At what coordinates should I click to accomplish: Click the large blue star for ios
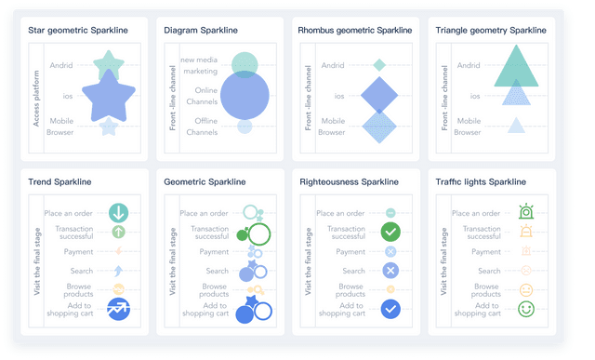[x=110, y=94]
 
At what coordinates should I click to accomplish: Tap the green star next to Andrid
[x=110, y=65]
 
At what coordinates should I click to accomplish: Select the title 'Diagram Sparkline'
[x=200, y=31]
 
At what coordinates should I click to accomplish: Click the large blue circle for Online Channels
[x=244, y=95]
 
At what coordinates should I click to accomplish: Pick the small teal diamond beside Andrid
[x=379, y=65]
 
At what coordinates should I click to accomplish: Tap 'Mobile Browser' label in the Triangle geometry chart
[x=468, y=127]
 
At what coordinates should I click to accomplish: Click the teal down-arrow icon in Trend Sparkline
[x=118, y=213]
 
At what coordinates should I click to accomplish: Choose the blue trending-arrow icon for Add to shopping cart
[x=118, y=309]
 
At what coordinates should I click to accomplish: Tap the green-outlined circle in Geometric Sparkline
[x=259, y=233]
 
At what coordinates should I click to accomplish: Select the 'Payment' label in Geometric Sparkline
[x=214, y=252]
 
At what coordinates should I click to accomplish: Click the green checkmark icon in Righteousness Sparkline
[x=390, y=233]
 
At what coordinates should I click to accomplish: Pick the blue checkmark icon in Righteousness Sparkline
[x=390, y=309]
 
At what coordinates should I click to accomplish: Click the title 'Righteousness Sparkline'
[x=349, y=182]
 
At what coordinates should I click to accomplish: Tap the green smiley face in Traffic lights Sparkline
[x=526, y=308]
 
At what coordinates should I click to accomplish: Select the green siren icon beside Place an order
[x=526, y=213]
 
